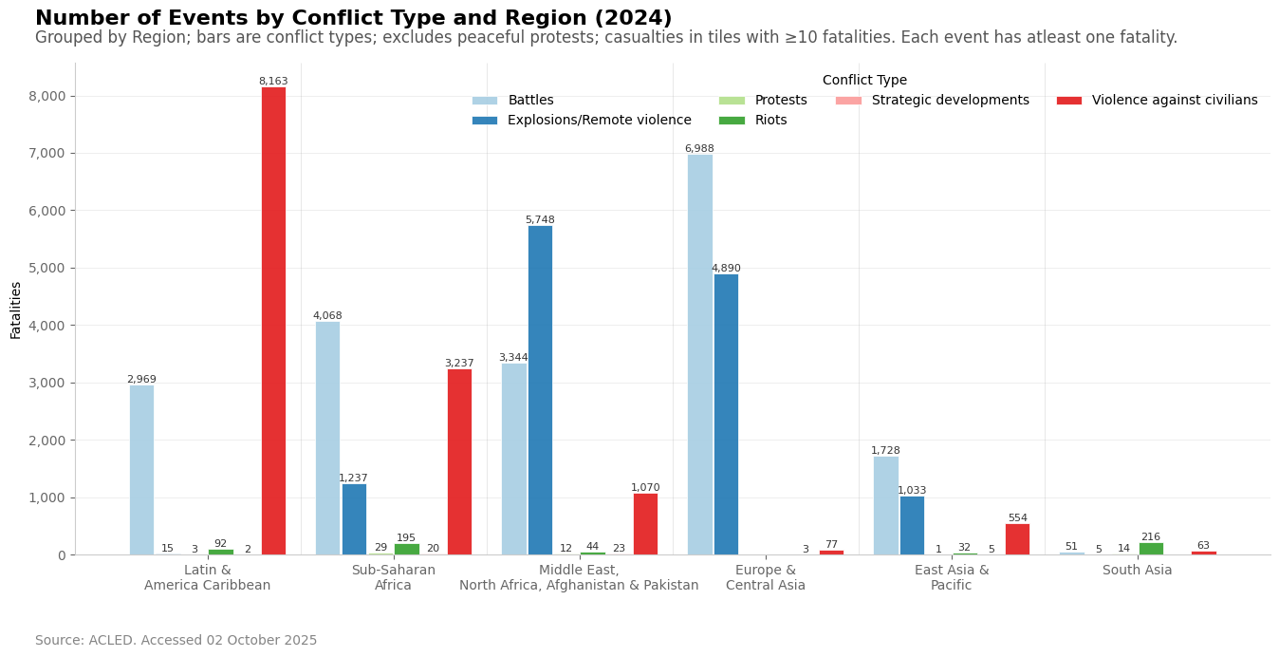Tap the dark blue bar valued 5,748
[540, 389]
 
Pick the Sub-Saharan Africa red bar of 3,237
[459, 461]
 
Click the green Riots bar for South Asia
[1151, 549]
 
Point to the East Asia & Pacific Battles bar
[885, 505]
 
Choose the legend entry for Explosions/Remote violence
[599, 121]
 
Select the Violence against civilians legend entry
[1174, 101]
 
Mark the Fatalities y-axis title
[16, 310]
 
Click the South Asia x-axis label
[1137, 571]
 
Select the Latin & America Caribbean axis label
[207, 578]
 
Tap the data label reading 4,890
[726, 269]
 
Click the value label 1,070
[645, 488]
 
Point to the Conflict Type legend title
[864, 81]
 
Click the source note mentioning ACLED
[176, 641]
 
